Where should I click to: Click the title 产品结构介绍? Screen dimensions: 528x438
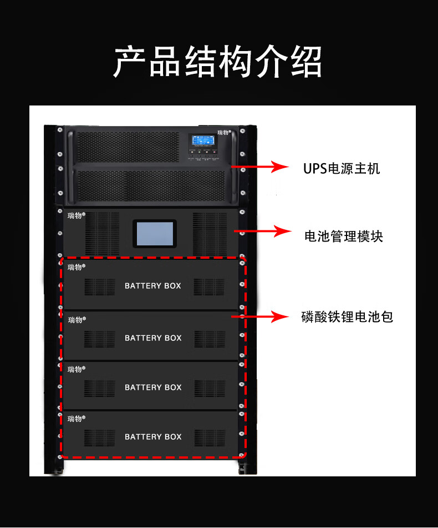click(x=218, y=61)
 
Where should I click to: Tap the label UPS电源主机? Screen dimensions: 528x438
click(x=342, y=168)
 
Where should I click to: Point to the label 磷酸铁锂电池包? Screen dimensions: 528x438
click(x=347, y=317)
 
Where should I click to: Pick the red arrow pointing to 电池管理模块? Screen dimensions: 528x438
click(x=263, y=232)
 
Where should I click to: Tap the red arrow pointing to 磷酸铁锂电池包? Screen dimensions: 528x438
click(x=261, y=317)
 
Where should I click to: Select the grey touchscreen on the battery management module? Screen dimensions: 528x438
click(x=154, y=233)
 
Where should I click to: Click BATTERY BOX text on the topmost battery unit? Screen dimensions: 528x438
click(x=153, y=286)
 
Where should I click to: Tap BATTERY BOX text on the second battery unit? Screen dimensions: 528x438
click(x=153, y=338)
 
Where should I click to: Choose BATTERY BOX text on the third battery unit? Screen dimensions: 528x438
click(x=153, y=388)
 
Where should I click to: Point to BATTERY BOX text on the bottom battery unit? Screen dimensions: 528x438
click(x=153, y=437)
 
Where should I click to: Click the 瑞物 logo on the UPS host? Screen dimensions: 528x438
click(x=224, y=133)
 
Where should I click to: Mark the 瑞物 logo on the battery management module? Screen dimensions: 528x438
click(x=75, y=215)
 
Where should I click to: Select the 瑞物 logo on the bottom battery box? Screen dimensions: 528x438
click(x=75, y=419)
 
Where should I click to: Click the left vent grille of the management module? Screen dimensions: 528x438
click(x=101, y=233)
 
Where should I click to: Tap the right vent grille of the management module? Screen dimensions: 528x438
click(x=209, y=233)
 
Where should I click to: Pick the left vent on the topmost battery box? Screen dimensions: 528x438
click(x=100, y=286)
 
